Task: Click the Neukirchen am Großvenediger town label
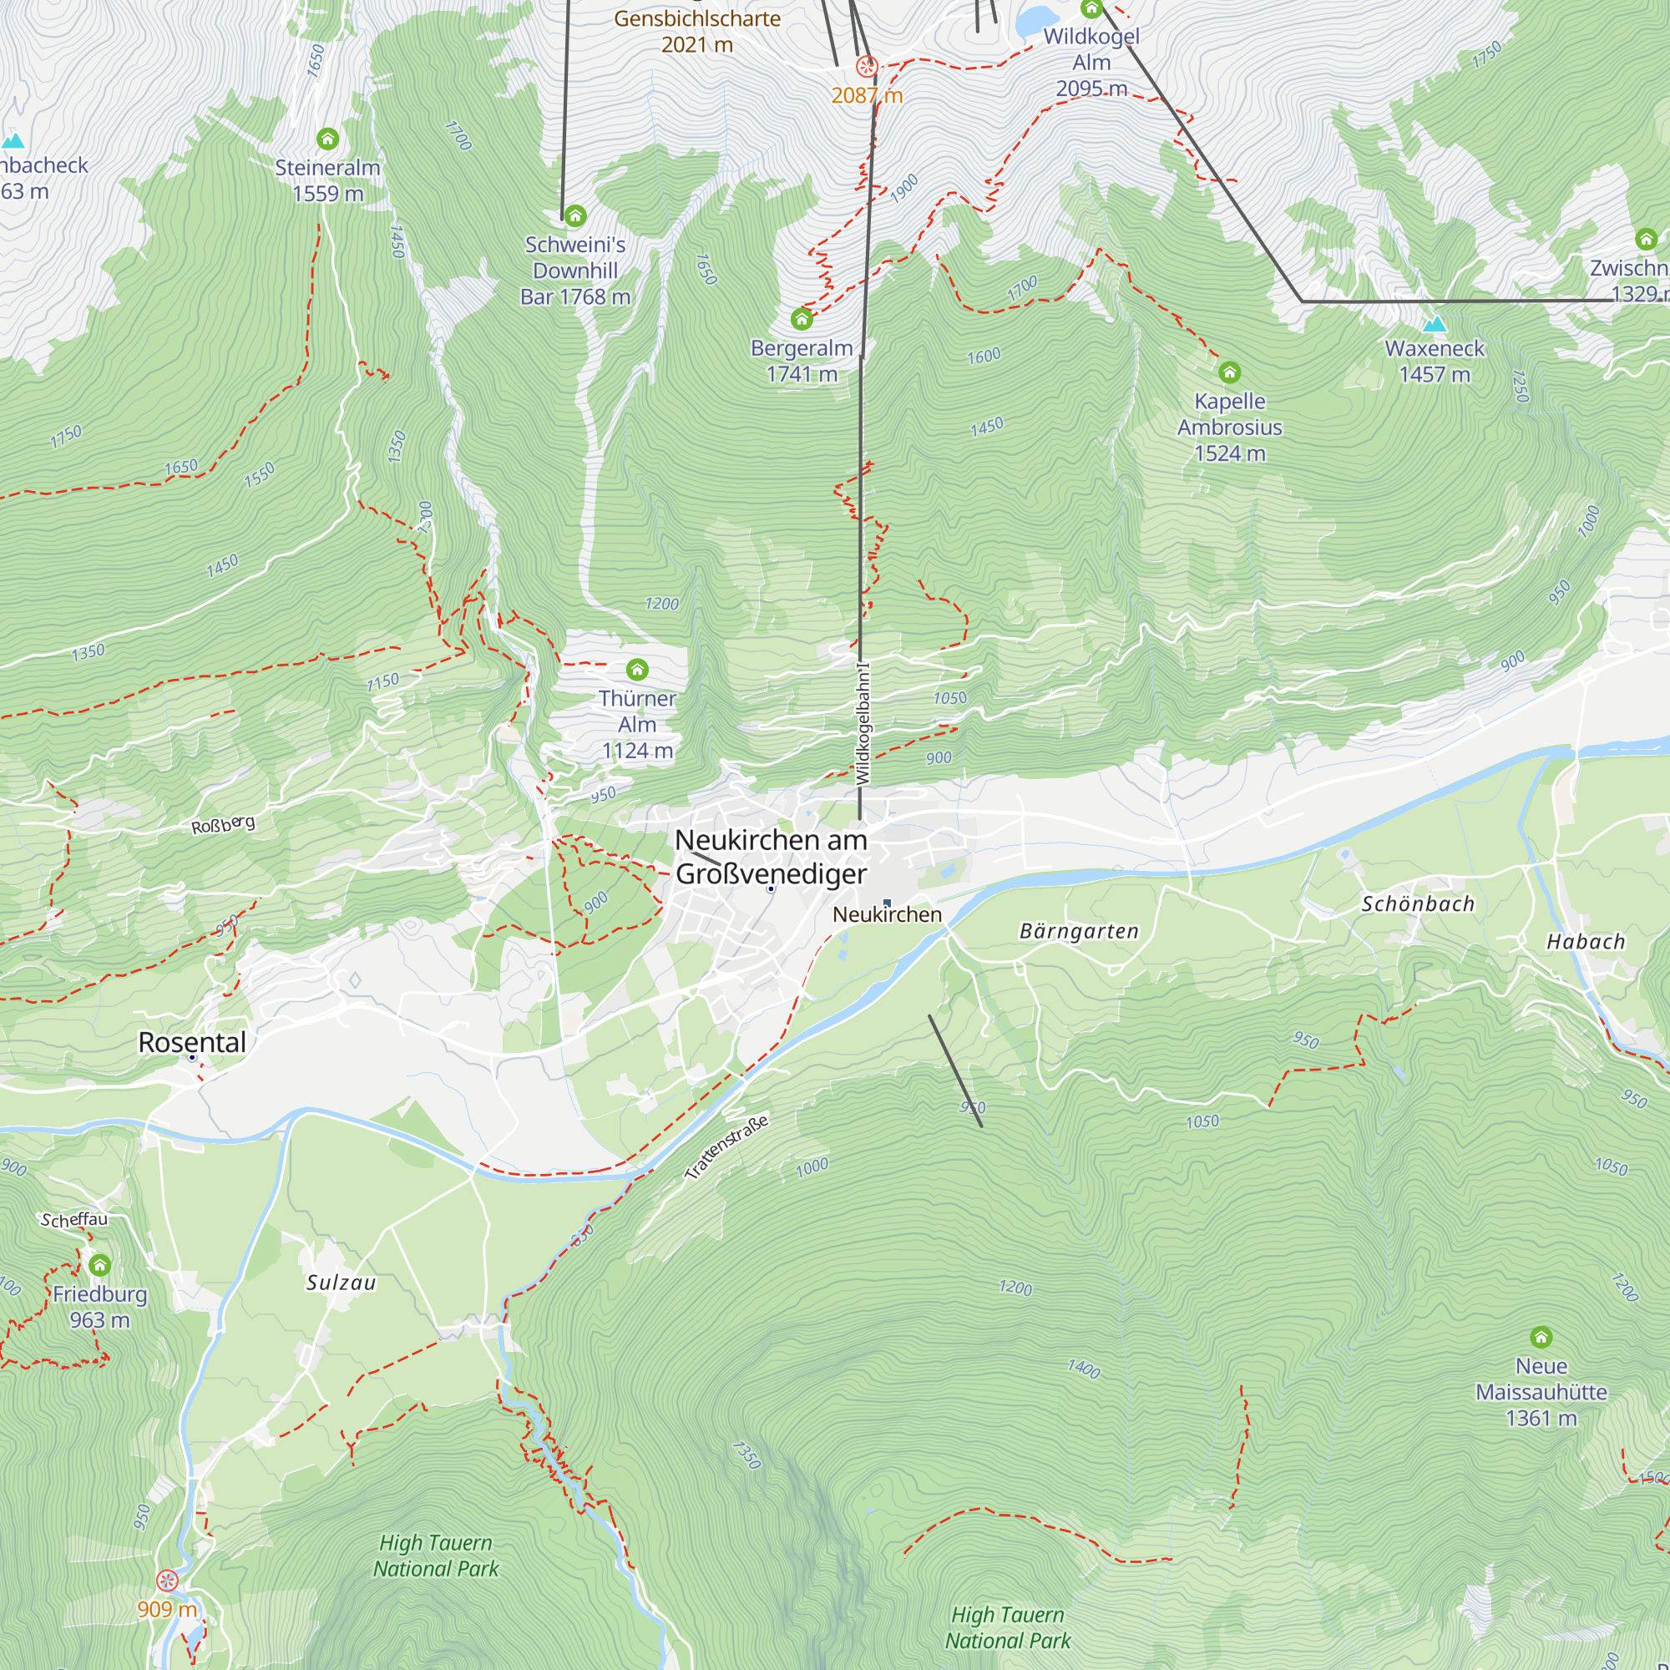(x=770, y=857)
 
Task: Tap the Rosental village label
(x=192, y=1042)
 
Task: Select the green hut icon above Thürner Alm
(x=637, y=669)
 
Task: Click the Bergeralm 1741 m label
(x=802, y=361)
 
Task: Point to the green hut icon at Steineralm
(x=326, y=139)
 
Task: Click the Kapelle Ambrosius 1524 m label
(x=1229, y=427)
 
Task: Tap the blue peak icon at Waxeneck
(x=1434, y=324)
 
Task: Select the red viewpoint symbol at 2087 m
(x=867, y=66)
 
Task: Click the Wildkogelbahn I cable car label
(x=863, y=723)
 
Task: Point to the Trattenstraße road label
(x=726, y=1148)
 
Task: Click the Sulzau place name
(x=341, y=1283)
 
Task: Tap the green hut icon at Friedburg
(x=99, y=1266)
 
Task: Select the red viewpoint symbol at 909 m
(x=167, y=1581)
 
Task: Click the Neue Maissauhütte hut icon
(x=1541, y=1338)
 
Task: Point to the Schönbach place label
(x=1418, y=904)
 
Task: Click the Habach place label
(x=1586, y=942)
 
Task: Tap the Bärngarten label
(x=1079, y=931)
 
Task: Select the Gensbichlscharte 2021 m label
(x=696, y=31)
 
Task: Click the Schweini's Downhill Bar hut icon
(x=574, y=215)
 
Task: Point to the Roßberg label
(x=223, y=825)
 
